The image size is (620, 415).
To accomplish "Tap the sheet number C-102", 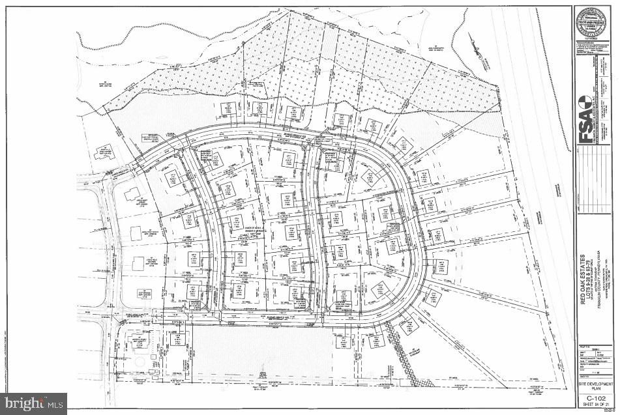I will click(595, 397).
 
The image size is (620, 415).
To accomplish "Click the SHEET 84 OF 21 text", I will click(595, 405).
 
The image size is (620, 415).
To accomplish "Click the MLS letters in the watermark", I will click(53, 403).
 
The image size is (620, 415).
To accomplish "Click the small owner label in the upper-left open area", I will click(105, 84).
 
